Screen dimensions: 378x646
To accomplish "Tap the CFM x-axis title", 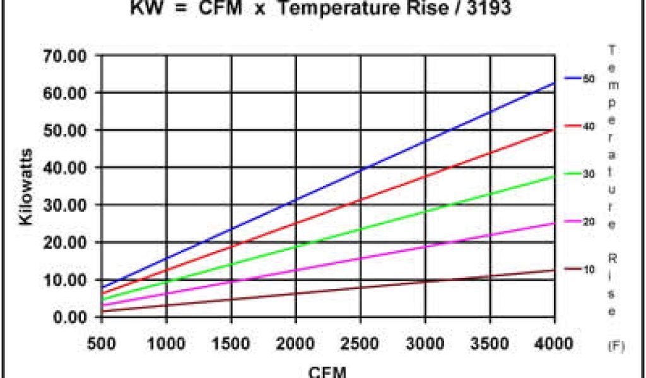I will pos(328,371).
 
